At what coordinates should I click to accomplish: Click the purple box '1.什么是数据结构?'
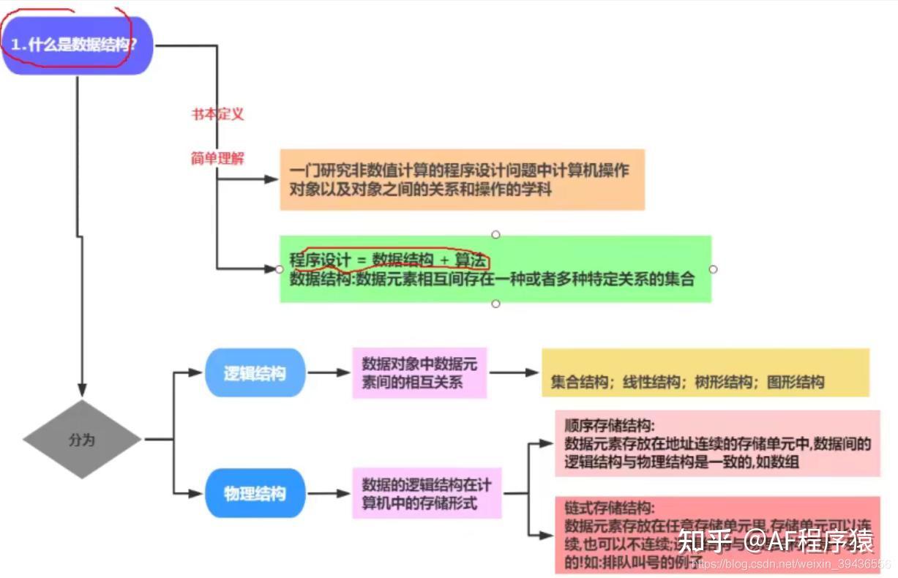pyautogui.click(x=76, y=45)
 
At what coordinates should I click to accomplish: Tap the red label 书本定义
pyautogui.click(x=217, y=114)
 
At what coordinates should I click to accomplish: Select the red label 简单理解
pyautogui.click(x=217, y=158)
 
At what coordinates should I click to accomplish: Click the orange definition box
pyautogui.click(x=462, y=180)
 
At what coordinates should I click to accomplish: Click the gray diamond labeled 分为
pyautogui.click(x=82, y=440)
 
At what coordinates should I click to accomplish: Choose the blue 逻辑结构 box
pyautogui.click(x=254, y=373)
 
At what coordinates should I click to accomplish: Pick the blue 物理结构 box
pyautogui.click(x=254, y=494)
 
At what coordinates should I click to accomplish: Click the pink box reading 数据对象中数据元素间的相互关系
pyautogui.click(x=419, y=373)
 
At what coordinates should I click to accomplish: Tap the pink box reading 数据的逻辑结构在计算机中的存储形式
pyautogui.click(x=427, y=494)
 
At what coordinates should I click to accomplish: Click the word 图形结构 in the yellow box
pyautogui.click(x=796, y=382)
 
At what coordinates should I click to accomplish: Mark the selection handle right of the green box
pyautogui.click(x=713, y=269)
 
